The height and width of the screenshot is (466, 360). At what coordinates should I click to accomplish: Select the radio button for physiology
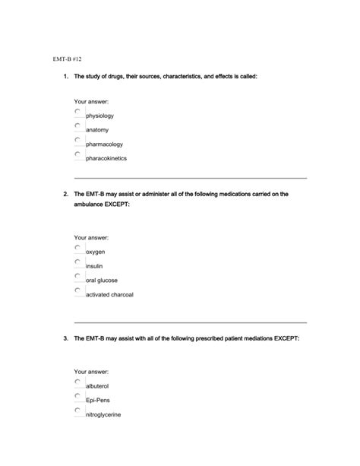tap(78, 112)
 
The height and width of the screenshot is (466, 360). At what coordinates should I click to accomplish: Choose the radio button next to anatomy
tap(78, 125)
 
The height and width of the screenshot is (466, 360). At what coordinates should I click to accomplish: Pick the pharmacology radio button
tap(78, 140)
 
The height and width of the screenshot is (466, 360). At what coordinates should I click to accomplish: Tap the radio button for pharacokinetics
tap(78, 154)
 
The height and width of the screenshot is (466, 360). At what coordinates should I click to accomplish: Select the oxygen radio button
tap(78, 248)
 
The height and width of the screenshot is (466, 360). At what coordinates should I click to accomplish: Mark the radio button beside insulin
tap(78, 262)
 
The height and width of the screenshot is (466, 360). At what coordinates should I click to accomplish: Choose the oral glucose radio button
tap(78, 277)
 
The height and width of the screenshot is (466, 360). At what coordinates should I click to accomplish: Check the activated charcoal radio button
tap(78, 290)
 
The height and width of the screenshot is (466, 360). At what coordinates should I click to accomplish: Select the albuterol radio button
tap(78, 382)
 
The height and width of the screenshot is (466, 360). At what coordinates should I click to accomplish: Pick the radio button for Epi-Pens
tap(78, 397)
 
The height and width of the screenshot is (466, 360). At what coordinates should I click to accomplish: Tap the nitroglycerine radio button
tap(78, 411)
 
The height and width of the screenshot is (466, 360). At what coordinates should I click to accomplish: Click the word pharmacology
tap(104, 144)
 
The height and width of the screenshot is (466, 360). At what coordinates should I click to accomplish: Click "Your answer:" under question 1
tap(91, 101)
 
